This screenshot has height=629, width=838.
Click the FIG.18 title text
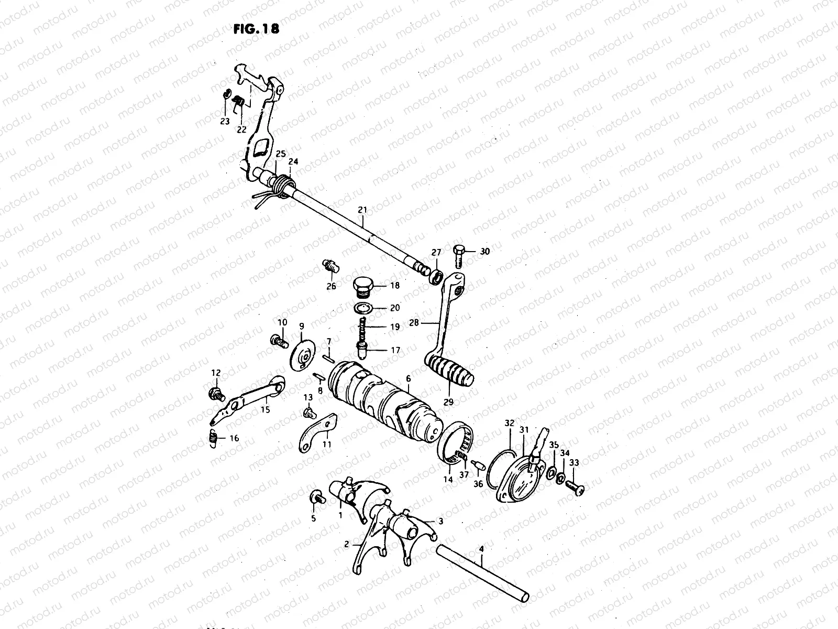(256, 29)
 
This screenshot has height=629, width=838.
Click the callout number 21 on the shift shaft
(362, 210)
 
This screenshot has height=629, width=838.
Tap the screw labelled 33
(576, 487)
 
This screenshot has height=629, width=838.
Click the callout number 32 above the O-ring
(510, 422)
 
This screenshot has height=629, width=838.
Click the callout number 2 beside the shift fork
(347, 545)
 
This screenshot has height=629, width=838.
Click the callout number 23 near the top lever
(225, 121)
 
